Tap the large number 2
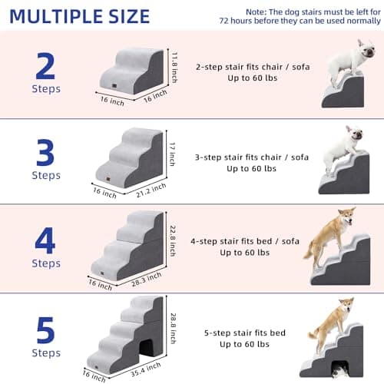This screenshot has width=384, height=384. point(45,67)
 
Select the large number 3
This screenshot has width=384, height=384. point(45,152)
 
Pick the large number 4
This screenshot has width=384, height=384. point(45,240)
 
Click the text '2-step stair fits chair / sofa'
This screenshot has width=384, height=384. point(251,68)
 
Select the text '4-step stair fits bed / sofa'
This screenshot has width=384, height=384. point(251,245)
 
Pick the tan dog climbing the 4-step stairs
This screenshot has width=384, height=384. point(329,232)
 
